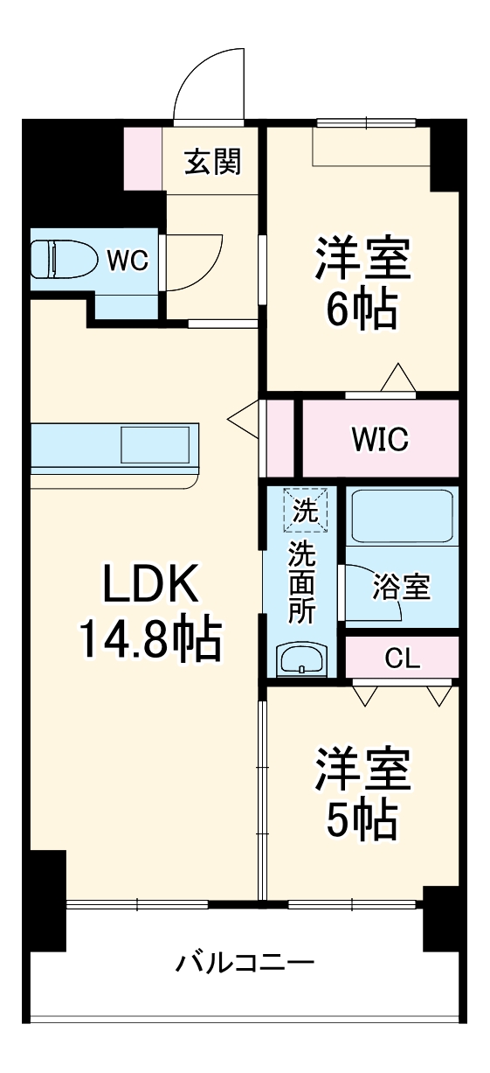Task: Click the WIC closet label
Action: (380, 439)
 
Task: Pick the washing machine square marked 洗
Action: (305, 511)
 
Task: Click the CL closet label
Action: (402, 658)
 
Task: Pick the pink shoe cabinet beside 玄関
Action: (143, 158)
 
